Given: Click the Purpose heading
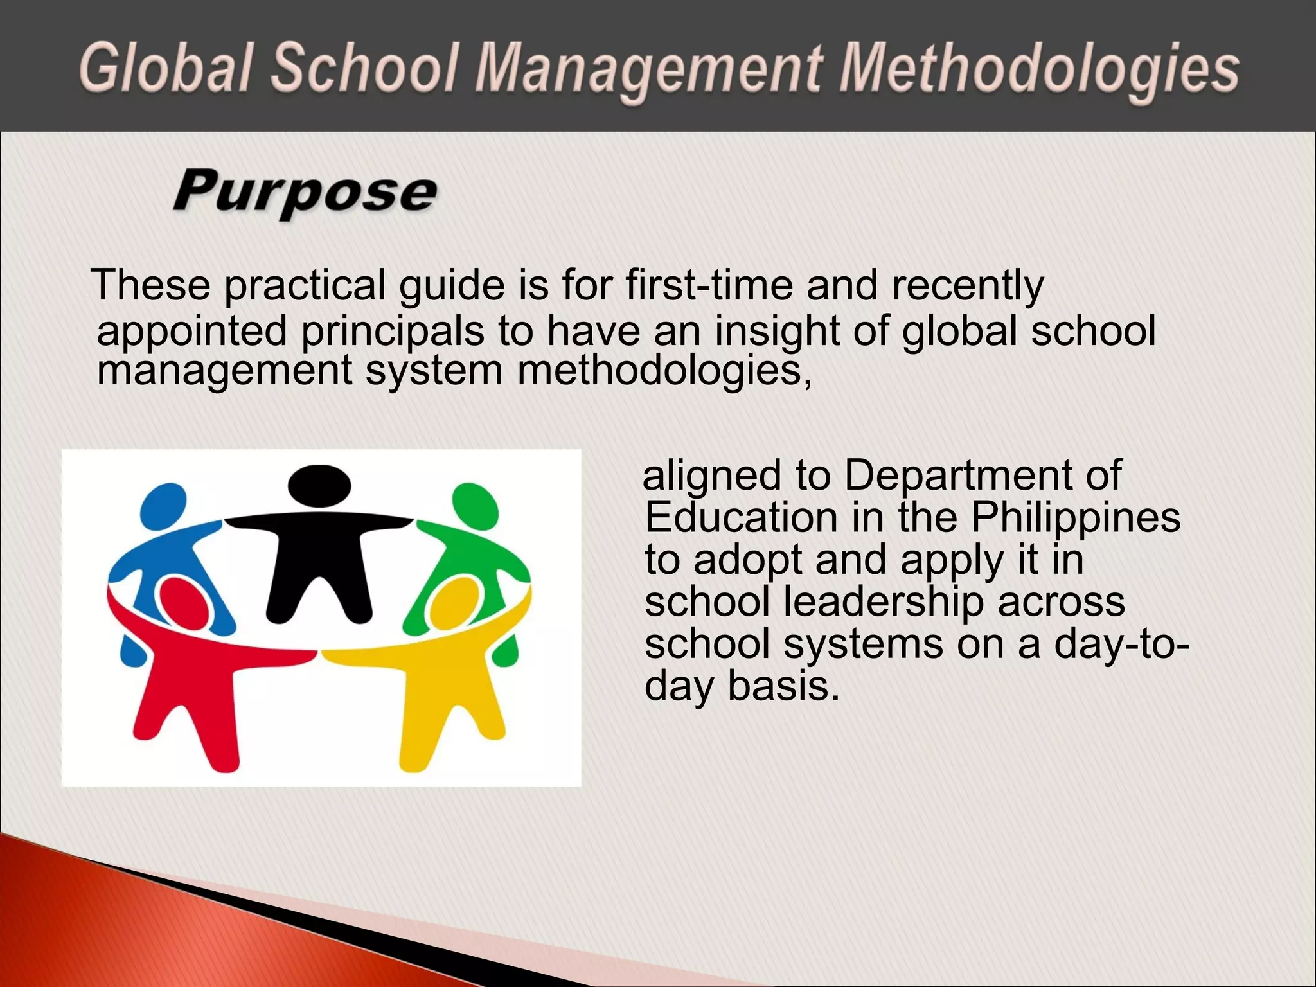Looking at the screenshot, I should pyautogui.click(x=305, y=192).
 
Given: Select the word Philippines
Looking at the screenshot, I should pyautogui.click(x=1075, y=517).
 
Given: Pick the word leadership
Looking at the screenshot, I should pyautogui.click(x=884, y=602).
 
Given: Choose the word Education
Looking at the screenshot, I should pyautogui.click(x=741, y=517).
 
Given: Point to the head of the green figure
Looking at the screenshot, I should pyautogui.click(x=476, y=505).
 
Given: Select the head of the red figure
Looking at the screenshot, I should pyautogui.click(x=186, y=603).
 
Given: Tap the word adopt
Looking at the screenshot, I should pyautogui.click(x=748, y=560).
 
